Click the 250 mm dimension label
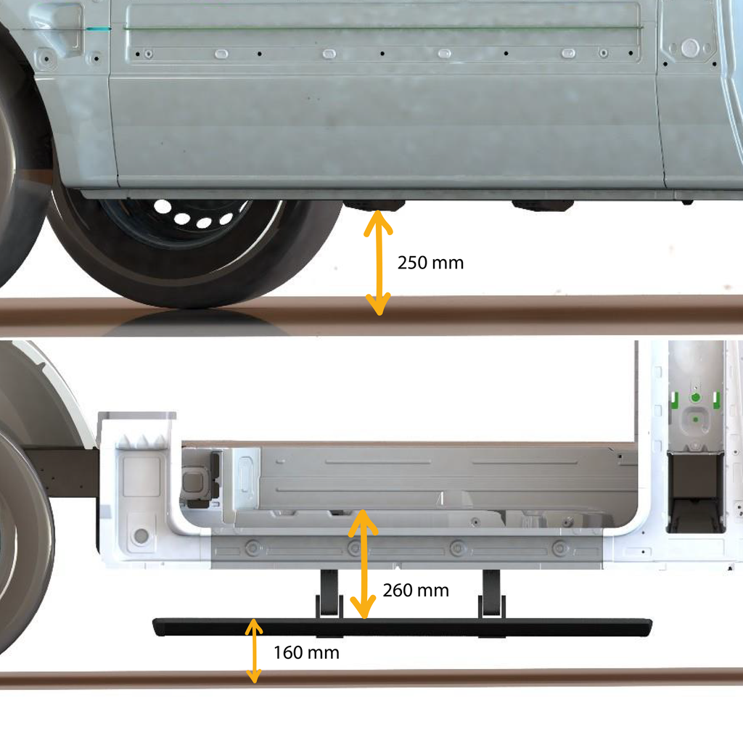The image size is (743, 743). click(x=430, y=263)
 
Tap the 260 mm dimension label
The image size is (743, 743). click(x=416, y=591)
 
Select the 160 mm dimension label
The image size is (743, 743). click(x=306, y=652)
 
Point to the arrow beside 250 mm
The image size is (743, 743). click(x=377, y=263)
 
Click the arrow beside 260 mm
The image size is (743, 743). click(x=364, y=565)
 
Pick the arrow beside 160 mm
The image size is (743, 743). click(x=253, y=651)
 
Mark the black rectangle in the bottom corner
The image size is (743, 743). click(x=628, y=721)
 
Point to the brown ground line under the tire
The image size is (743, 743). click(x=181, y=313)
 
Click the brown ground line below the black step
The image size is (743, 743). click(x=435, y=678)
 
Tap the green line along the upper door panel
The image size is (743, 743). click(x=377, y=29)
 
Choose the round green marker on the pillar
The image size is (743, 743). click(x=695, y=398)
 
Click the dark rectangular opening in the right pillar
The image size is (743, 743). click(x=696, y=491)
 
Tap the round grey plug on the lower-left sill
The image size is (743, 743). click(x=141, y=536)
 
